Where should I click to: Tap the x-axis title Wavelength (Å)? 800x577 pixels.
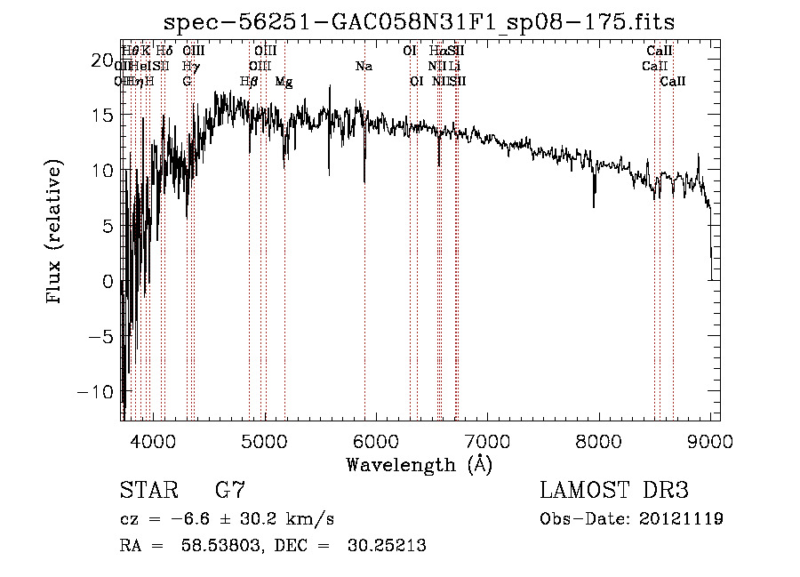click(x=419, y=464)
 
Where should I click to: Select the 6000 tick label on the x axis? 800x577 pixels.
click(x=377, y=441)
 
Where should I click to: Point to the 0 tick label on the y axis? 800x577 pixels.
click(x=108, y=282)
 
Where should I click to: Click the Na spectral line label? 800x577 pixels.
click(x=363, y=67)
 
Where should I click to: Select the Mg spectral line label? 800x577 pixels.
click(x=284, y=82)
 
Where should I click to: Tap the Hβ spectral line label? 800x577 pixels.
click(x=250, y=82)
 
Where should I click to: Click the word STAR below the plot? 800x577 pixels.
click(x=148, y=491)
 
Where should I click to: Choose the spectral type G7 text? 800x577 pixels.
click(x=230, y=491)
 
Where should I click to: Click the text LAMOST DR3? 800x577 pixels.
click(x=614, y=491)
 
